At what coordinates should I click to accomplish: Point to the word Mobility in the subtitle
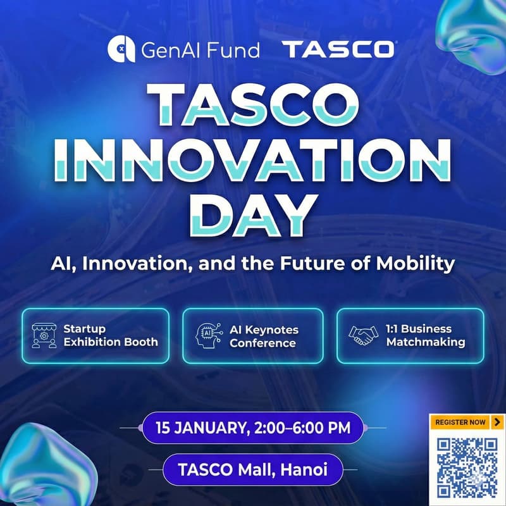pos(421,263)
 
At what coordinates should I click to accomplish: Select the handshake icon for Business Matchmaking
pos(362,336)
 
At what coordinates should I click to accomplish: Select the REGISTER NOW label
pos(461,422)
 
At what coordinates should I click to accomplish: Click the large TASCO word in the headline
pos(252,103)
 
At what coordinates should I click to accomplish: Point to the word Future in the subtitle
pos(328,263)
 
